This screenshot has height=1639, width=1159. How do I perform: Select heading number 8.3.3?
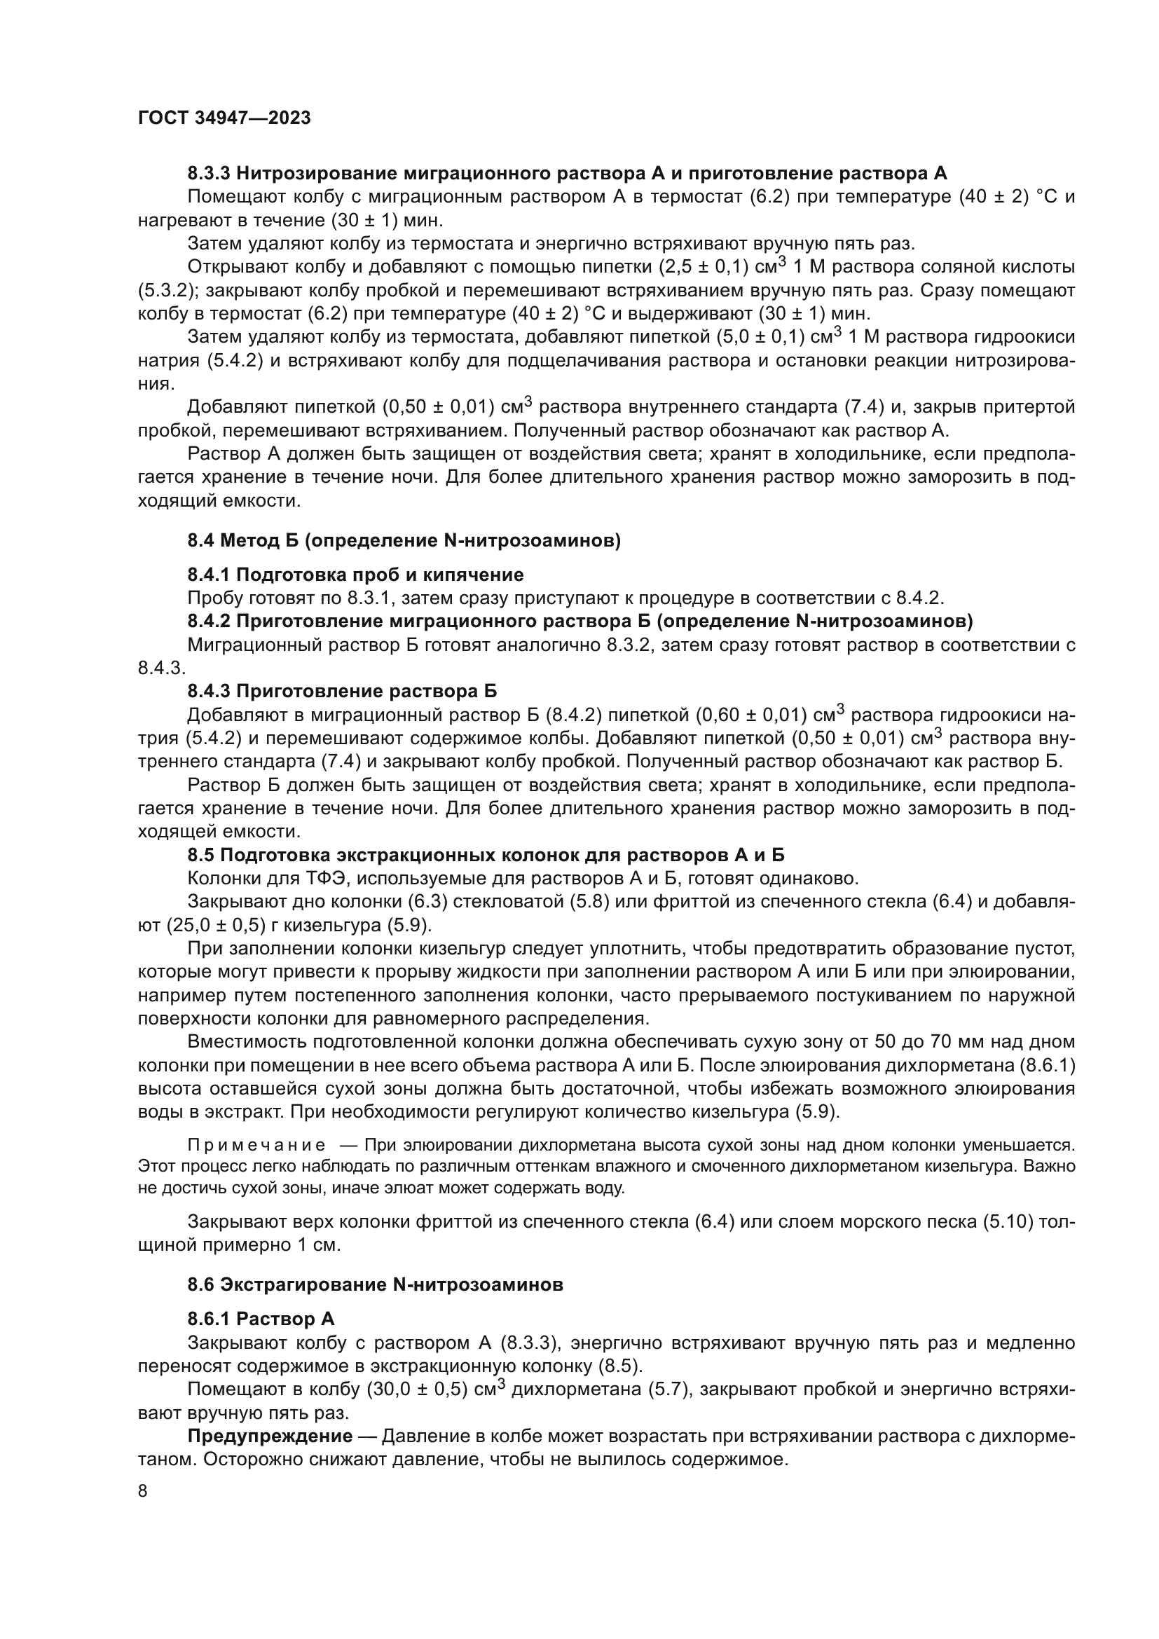coord(209,174)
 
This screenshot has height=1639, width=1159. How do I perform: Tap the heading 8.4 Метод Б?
coord(404,541)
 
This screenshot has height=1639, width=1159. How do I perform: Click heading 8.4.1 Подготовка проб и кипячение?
coord(355,575)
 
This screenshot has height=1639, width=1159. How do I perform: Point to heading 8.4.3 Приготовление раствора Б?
coord(342,691)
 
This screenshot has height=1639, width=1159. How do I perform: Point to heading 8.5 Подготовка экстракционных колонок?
coord(486,855)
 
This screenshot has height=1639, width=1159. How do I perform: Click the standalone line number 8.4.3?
coord(161,668)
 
